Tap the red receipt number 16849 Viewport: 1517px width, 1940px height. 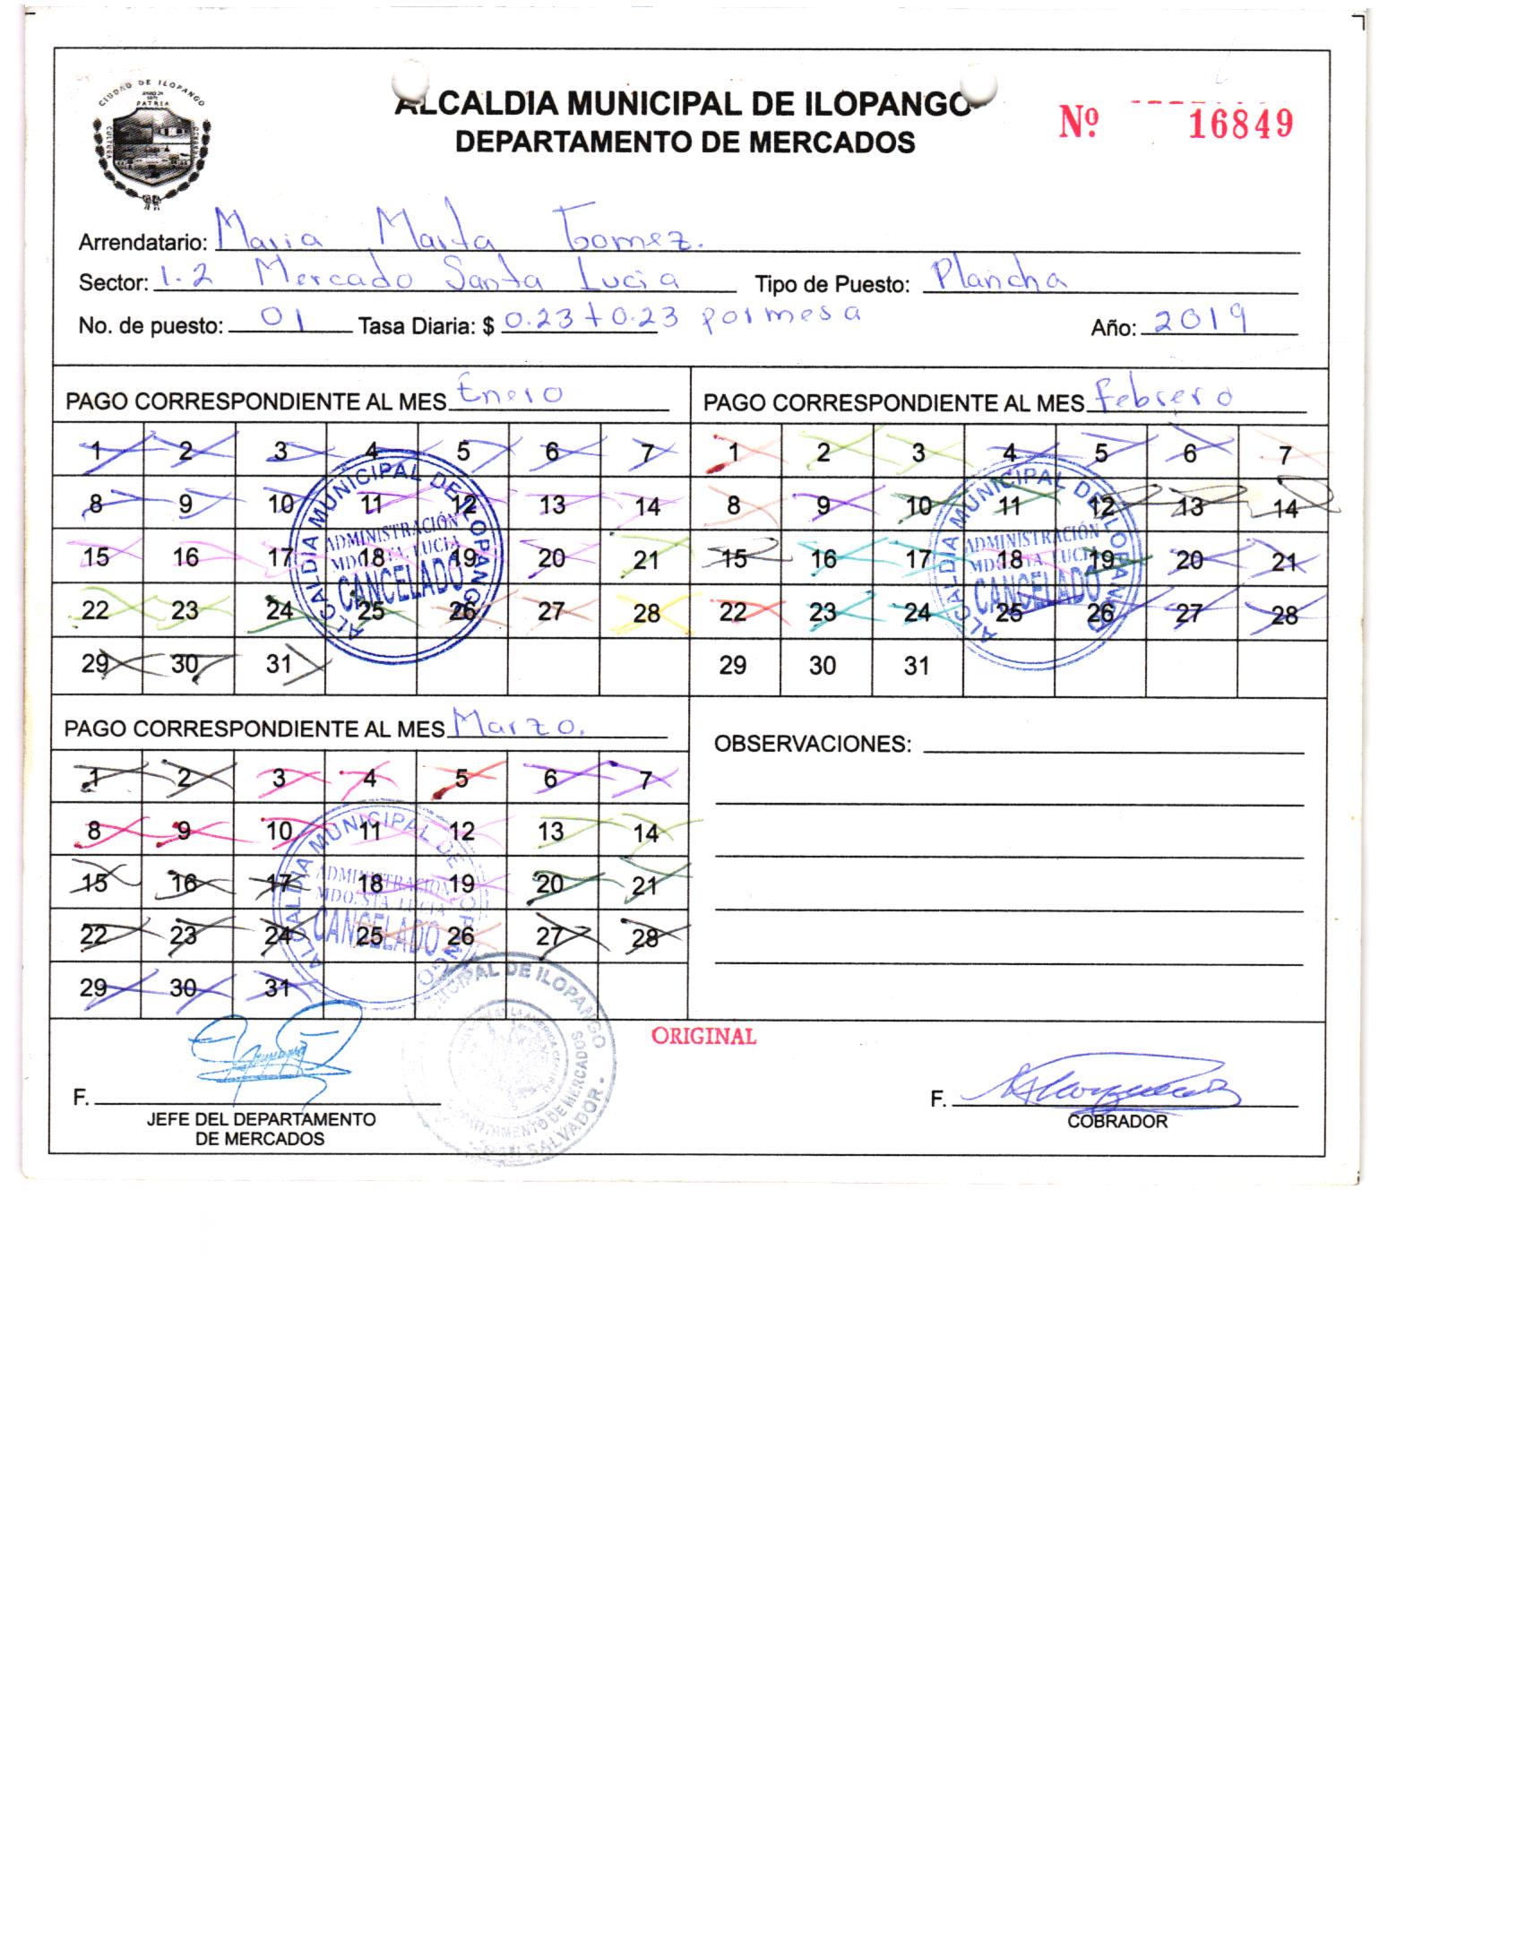(x=1240, y=125)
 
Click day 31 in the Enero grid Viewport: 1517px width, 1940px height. (x=280, y=665)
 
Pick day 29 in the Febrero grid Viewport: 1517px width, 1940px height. (x=733, y=665)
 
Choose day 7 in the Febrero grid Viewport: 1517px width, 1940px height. (x=1284, y=455)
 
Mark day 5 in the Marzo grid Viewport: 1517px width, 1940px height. (x=461, y=777)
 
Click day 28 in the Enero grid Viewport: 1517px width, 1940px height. (x=645, y=613)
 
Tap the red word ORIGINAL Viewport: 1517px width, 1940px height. (x=703, y=1036)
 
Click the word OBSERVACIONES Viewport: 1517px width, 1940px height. (x=812, y=744)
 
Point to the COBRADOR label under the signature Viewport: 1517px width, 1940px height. (x=1116, y=1121)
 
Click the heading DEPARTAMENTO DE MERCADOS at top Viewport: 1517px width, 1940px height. (x=685, y=142)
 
